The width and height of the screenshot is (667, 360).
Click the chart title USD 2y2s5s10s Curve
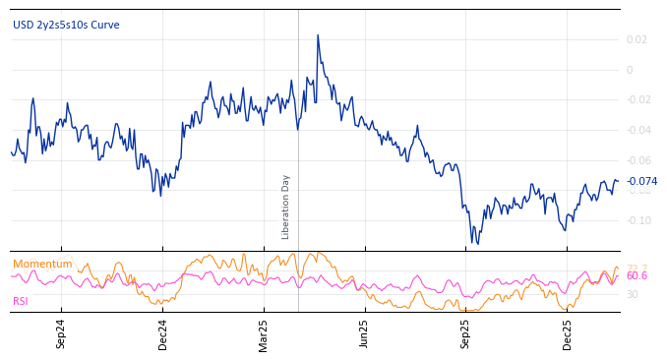66,25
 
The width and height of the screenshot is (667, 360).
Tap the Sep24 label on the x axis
61,333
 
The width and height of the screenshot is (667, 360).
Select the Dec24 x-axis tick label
163,333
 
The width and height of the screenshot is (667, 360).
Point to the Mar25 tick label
264,333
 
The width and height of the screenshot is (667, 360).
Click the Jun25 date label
364,333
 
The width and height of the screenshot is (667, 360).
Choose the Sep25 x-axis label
466,333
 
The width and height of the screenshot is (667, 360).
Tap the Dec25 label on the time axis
568,333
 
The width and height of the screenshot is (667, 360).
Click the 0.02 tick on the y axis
637,40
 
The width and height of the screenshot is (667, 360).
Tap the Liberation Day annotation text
286,207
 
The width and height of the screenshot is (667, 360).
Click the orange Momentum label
42,264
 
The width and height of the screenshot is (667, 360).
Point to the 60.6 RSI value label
637,276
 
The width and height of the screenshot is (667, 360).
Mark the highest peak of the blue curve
318,35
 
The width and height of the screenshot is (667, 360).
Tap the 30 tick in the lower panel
633,294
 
